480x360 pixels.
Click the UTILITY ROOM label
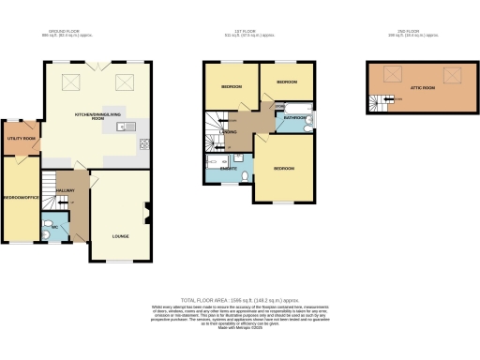21,139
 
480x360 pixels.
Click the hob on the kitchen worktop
145,143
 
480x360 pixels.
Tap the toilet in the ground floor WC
49,232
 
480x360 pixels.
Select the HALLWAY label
65,189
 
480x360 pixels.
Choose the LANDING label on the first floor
229,132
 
